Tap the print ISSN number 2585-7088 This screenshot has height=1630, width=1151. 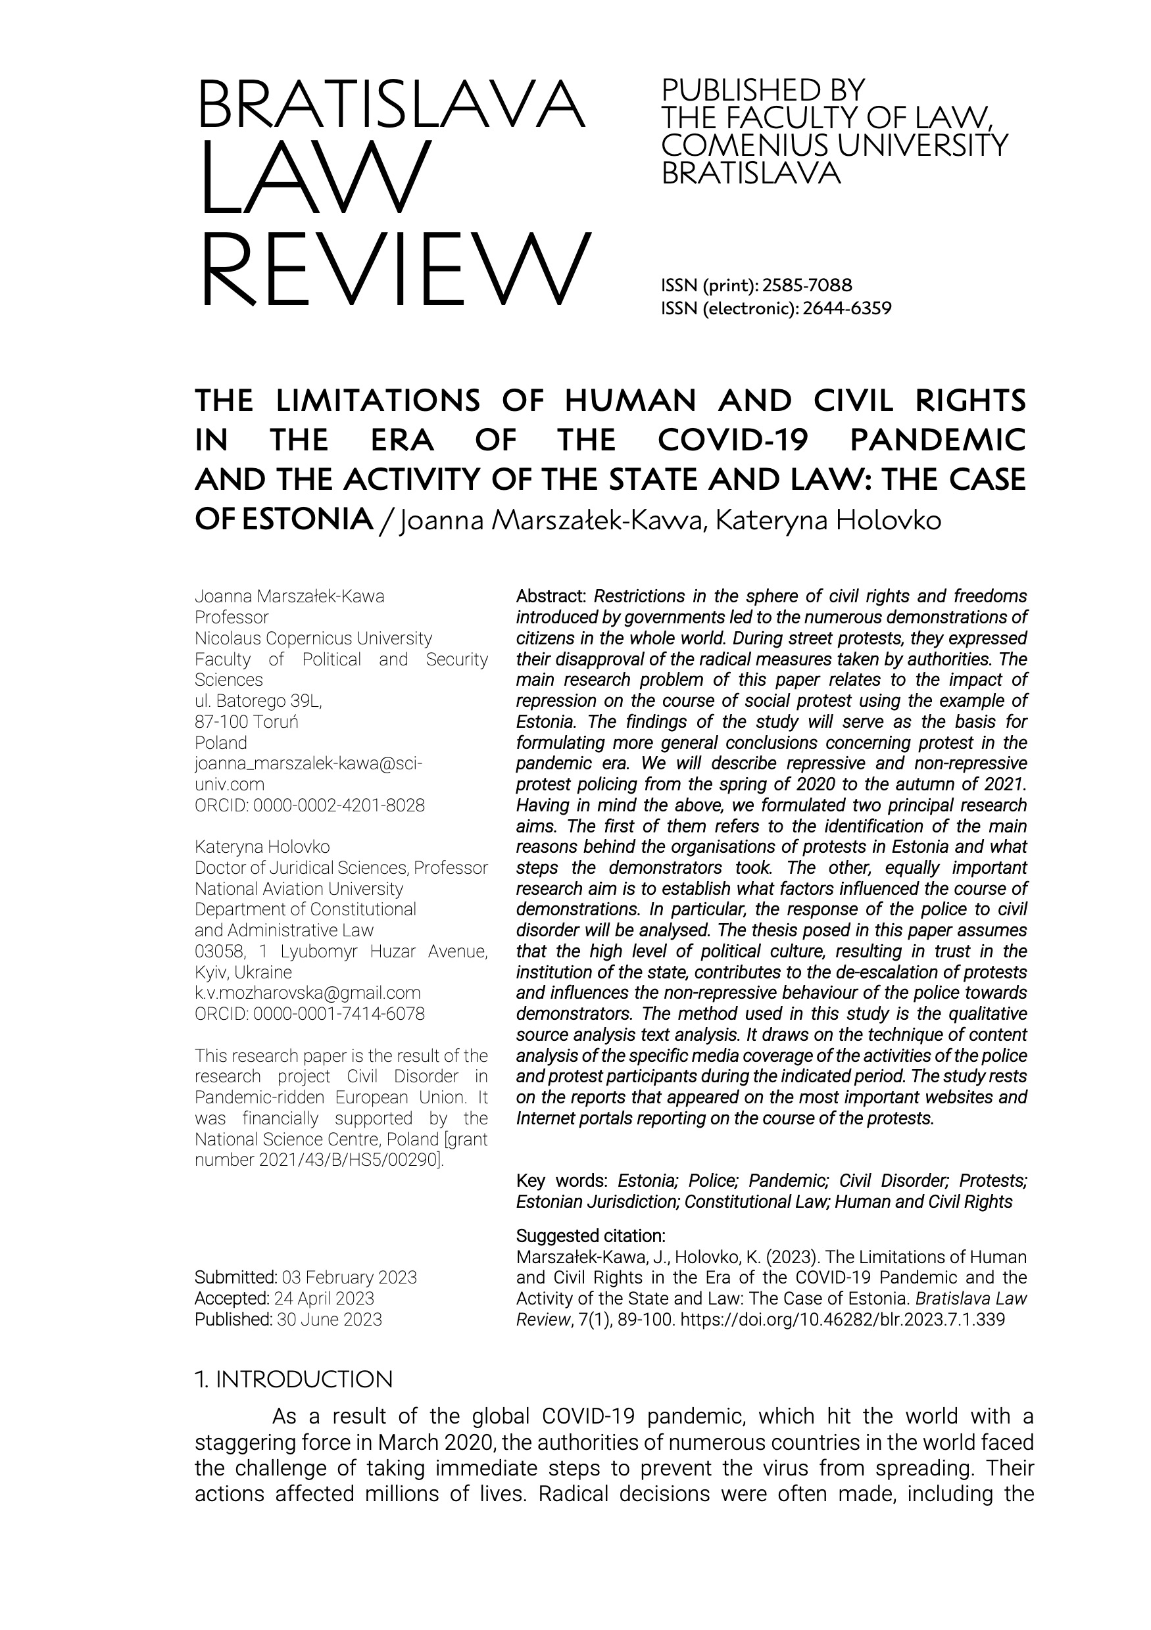click(806, 285)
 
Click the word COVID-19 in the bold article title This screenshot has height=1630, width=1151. click(733, 440)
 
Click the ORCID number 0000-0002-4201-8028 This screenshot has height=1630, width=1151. click(339, 805)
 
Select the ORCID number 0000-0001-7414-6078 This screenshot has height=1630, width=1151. click(339, 1014)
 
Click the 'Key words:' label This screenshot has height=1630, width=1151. click(562, 1181)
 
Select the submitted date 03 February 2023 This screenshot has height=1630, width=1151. click(349, 1277)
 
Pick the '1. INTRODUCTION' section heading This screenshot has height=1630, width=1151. click(293, 1379)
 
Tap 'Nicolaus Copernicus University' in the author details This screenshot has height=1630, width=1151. click(313, 638)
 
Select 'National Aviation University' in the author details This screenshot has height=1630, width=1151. click(299, 889)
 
